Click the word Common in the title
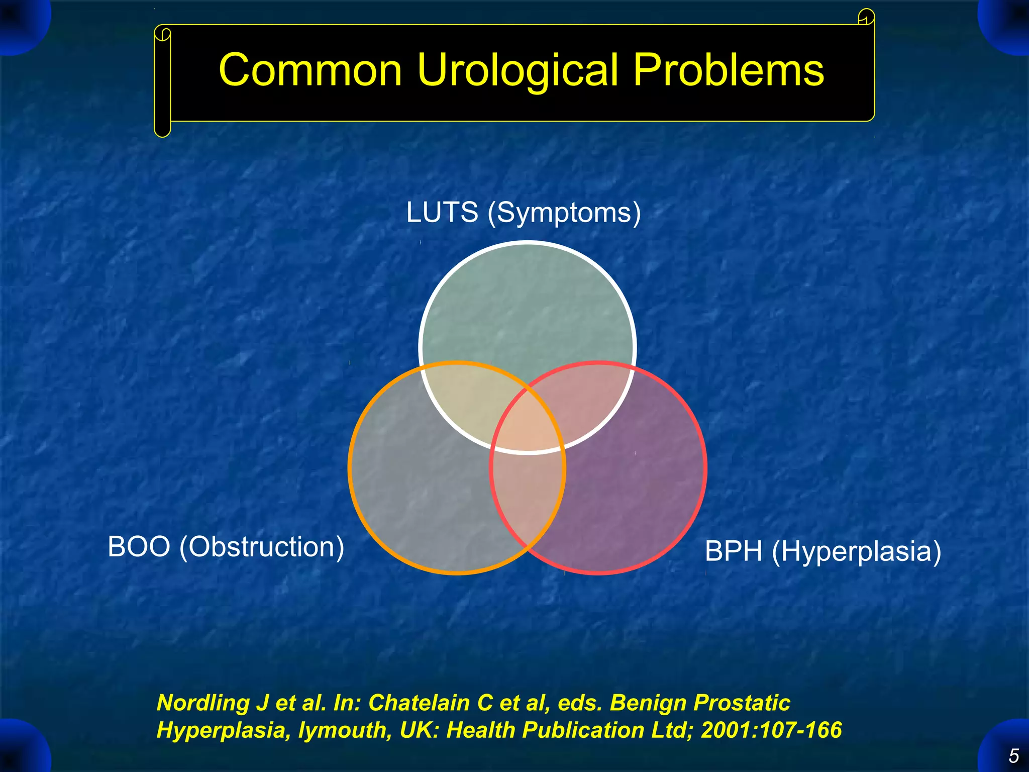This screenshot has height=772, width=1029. [310, 70]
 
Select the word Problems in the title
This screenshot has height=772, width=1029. [728, 70]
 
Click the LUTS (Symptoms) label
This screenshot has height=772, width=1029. [523, 212]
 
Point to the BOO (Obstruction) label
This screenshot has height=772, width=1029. [226, 546]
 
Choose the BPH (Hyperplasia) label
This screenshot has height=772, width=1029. [822, 551]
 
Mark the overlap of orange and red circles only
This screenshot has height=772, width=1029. [528, 498]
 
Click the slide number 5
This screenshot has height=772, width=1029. [1013, 756]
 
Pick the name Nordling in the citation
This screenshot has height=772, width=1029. [203, 703]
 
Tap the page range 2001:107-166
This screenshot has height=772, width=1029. [771, 730]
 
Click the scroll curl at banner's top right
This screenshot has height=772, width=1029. [866, 18]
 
